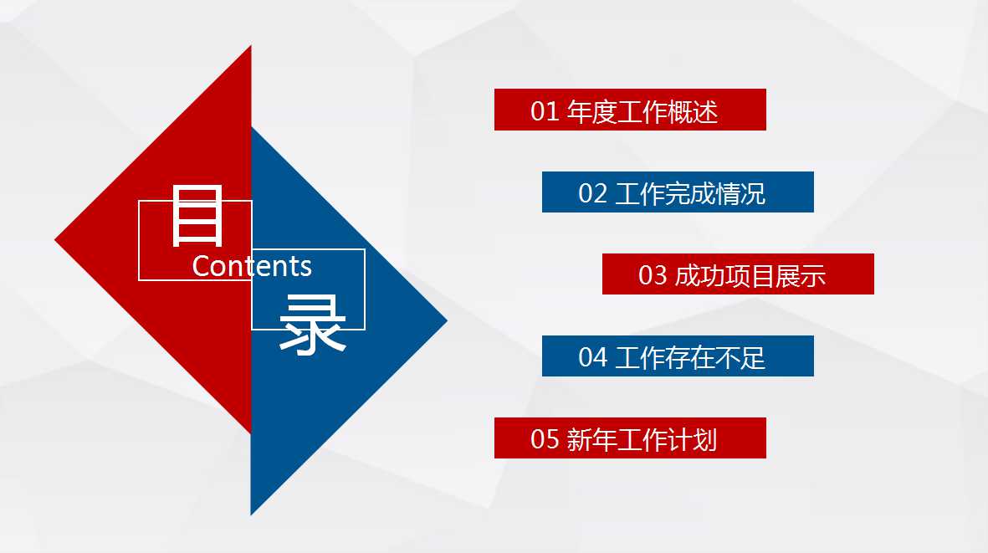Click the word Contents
(252, 266)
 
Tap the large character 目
(197, 217)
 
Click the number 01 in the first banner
(544, 111)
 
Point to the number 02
(592, 194)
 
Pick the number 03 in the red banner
(653, 276)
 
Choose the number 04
(592, 358)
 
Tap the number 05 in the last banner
(544, 440)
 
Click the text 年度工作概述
(642, 111)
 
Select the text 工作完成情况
(689, 194)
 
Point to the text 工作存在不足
(689, 358)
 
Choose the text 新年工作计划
(642, 440)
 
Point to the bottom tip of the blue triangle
(252, 512)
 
